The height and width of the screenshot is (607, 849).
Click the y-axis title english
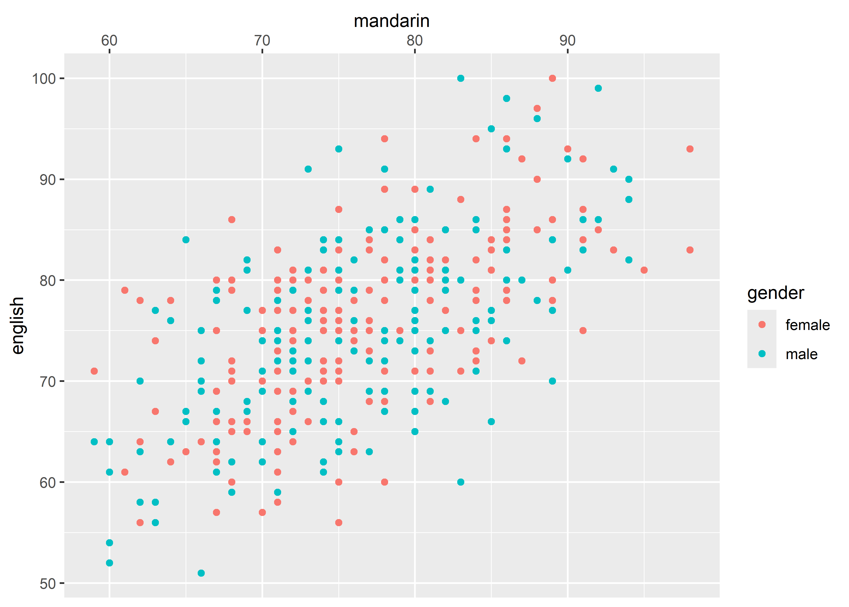click(17, 325)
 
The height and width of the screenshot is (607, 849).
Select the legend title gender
click(776, 293)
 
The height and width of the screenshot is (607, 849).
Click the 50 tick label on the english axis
click(47, 583)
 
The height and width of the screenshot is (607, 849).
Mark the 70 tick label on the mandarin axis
click(262, 40)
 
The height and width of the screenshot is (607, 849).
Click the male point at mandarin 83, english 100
click(461, 78)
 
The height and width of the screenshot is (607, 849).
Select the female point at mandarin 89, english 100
click(552, 78)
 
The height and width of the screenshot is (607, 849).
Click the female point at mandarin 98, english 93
click(690, 149)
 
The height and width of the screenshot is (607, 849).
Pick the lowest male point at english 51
click(201, 573)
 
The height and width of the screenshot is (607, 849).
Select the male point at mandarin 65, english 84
click(186, 240)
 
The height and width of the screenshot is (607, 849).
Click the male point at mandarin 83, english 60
click(461, 482)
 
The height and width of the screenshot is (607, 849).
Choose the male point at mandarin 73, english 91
click(308, 169)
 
